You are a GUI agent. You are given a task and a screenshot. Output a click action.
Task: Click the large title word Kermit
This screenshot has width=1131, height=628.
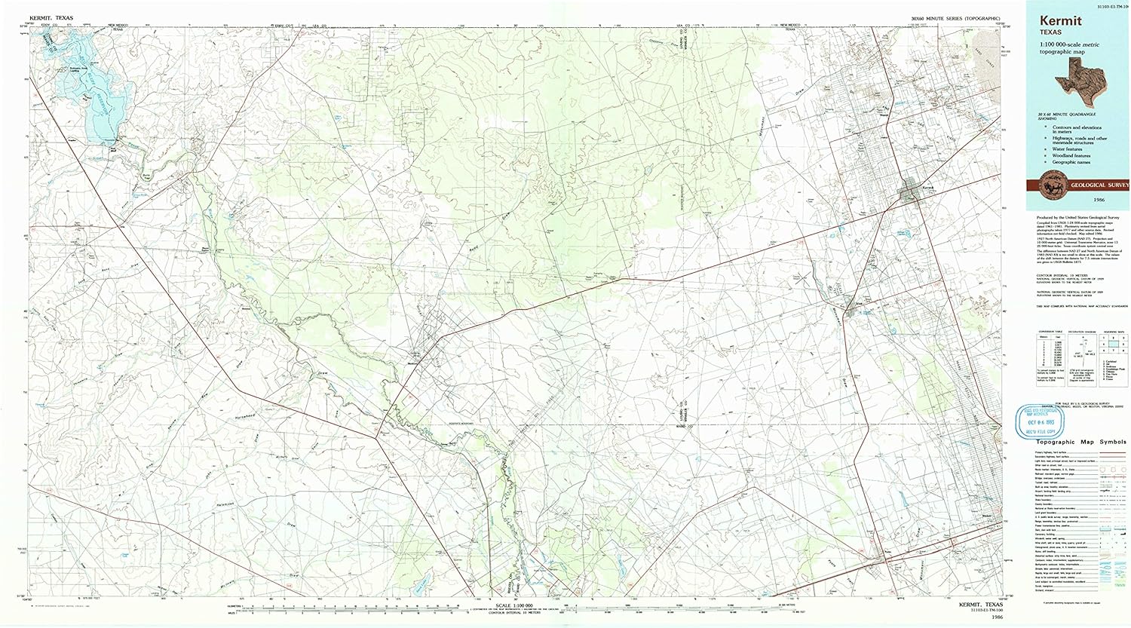[1061, 22]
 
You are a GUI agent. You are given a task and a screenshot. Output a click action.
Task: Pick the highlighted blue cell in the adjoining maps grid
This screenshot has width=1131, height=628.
[1111, 343]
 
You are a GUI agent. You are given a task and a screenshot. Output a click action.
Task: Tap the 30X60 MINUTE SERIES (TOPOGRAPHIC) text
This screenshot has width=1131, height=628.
[955, 17]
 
